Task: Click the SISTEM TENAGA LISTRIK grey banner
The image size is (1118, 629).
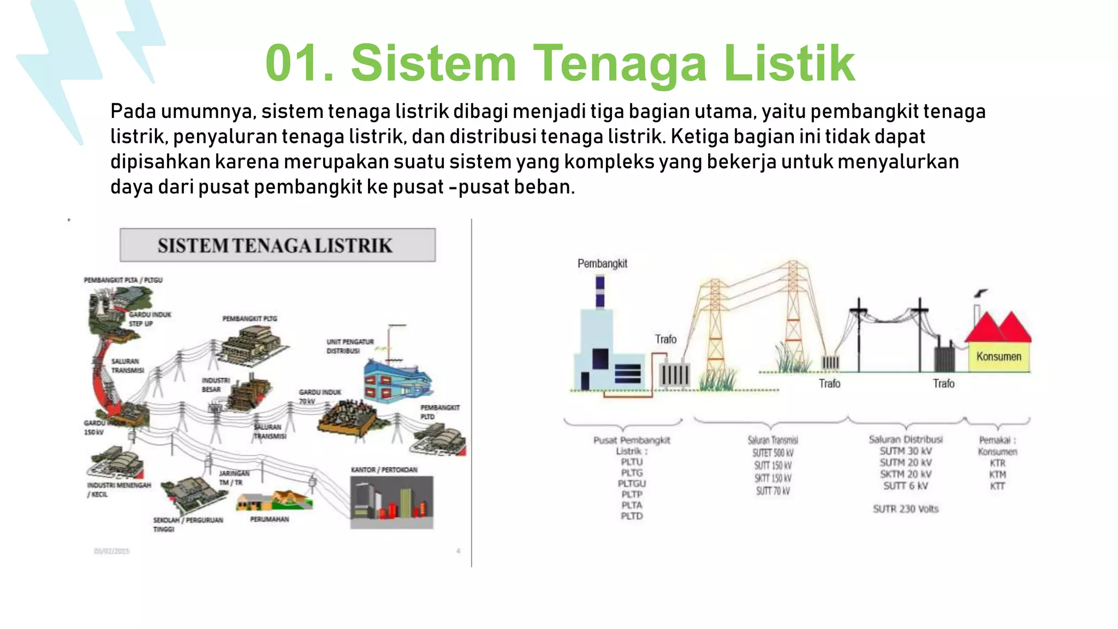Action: pyautogui.click(x=277, y=245)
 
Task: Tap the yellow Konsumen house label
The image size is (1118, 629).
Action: pyautogui.click(x=998, y=357)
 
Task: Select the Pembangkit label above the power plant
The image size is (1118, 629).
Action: pyautogui.click(x=602, y=264)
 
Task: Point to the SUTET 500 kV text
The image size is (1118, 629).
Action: pyautogui.click(x=772, y=453)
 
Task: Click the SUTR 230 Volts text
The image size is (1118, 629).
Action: pyautogui.click(x=905, y=509)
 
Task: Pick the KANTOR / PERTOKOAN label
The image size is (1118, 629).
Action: pyautogui.click(x=384, y=470)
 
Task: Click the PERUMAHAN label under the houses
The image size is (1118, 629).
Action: pyautogui.click(x=269, y=519)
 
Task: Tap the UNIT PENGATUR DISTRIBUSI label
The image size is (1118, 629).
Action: pyautogui.click(x=350, y=346)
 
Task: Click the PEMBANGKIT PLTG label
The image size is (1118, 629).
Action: pyautogui.click(x=249, y=318)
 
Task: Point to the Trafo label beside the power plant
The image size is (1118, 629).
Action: pyautogui.click(x=665, y=339)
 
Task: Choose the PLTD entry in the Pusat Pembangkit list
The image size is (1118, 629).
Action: pyautogui.click(x=632, y=516)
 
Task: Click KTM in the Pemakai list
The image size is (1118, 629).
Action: pyautogui.click(x=997, y=474)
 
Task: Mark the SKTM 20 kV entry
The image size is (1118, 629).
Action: pyautogui.click(x=905, y=474)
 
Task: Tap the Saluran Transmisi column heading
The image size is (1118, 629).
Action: pyautogui.click(x=772, y=440)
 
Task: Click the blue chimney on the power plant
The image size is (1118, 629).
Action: pyautogui.click(x=600, y=292)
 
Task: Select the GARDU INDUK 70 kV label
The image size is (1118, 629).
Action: pyautogui.click(x=319, y=396)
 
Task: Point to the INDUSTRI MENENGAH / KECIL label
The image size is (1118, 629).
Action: pyautogui.click(x=118, y=489)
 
